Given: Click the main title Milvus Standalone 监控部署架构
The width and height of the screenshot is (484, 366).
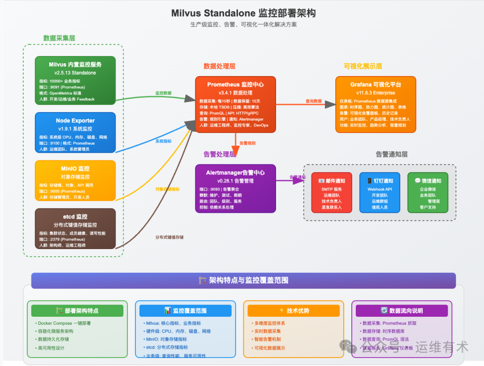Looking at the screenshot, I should tap(243, 13).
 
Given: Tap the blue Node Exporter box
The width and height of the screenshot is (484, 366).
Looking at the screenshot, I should tap(75, 133).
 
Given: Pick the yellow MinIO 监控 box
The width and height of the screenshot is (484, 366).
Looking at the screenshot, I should tap(75, 180).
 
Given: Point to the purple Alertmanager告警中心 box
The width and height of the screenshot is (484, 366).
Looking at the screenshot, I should tap(235, 189).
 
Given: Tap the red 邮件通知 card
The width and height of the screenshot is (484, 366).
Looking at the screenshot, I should tap(332, 193).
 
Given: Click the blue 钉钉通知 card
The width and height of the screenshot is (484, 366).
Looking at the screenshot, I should tap(380, 193).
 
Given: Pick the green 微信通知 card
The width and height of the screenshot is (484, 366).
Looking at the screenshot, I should tap(428, 193).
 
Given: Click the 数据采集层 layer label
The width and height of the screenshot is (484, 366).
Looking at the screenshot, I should tap(59, 38).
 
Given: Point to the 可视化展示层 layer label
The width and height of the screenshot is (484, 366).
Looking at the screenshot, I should tap(363, 66).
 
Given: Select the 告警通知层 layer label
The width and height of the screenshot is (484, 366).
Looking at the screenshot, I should tap(392, 155).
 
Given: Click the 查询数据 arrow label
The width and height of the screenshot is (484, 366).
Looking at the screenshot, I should tap(314, 101).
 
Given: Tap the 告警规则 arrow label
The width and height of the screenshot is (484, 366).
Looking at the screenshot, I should tap(247, 143).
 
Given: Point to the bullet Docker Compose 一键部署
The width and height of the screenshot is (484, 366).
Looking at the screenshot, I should tap(65, 323).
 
